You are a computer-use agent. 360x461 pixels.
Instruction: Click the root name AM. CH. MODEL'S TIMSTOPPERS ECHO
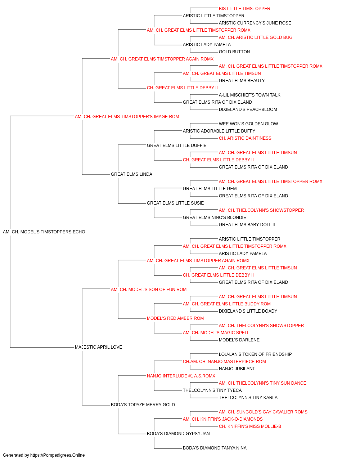pyautogui.click(x=44, y=232)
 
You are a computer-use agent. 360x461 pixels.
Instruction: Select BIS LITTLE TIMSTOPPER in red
pyautogui.click(x=244, y=9)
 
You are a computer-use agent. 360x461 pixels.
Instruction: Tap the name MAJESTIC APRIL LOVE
pyautogui.click(x=98, y=347)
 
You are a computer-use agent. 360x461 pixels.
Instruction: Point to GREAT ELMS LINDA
pyautogui.click(x=131, y=174)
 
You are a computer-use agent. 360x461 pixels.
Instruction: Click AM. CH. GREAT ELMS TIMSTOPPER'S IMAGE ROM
pyautogui.click(x=127, y=116)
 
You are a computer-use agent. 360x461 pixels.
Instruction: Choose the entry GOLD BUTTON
pyautogui.click(x=234, y=52)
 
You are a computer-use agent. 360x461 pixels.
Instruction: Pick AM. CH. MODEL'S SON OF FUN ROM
pyautogui.click(x=149, y=289)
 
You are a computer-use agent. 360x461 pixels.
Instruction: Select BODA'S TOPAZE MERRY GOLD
pyautogui.click(x=143, y=405)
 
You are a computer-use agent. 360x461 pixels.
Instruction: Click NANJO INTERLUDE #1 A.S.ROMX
pyautogui.click(x=181, y=376)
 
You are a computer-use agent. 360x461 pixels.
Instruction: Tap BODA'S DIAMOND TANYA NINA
pyautogui.click(x=215, y=448)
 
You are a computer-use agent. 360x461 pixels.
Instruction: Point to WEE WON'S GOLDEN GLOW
pyautogui.click(x=248, y=124)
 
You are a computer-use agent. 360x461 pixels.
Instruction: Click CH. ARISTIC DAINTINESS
pyautogui.click(x=245, y=138)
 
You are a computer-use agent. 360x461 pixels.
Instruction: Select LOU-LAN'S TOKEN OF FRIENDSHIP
pyautogui.click(x=255, y=354)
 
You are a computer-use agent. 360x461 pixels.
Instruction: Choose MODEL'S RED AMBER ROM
pyautogui.click(x=175, y=318)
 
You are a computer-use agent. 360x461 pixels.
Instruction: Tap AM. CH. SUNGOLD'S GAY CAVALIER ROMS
pyautogui.click(x=263, y=412)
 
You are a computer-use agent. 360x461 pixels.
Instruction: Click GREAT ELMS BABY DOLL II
pyautogui.click(x=247, y=225)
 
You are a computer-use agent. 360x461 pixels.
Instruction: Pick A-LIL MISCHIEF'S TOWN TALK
pyautogui.click(x=249, y=95)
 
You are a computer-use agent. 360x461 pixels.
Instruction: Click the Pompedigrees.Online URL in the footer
pyautogui.click(x=57, y=455)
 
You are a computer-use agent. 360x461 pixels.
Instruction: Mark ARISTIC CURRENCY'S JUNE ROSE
pyautogui.click(x=255, y=23)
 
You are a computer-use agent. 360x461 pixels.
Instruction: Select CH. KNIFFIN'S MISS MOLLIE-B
pyautogui.click(x=250, y=426)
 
